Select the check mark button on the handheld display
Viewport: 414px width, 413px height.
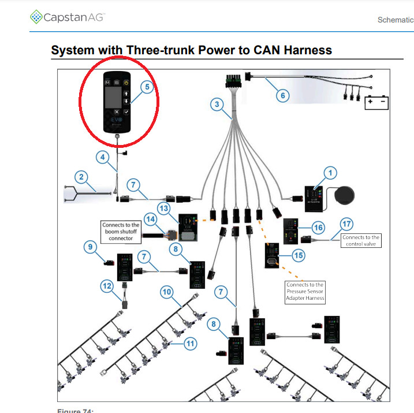126,111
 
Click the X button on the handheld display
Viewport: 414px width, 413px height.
117,111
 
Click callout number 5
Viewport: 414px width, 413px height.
147,87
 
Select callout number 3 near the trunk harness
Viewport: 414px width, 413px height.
217,105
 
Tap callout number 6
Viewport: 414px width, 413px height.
282,95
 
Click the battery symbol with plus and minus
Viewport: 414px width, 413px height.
375,103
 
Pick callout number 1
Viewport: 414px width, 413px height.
330,172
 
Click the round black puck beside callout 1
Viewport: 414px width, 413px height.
345,196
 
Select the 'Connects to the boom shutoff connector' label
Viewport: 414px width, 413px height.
120,231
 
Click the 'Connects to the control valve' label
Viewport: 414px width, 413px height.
361,241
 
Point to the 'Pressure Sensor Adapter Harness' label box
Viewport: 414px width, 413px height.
305,292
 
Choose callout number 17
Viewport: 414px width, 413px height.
346,224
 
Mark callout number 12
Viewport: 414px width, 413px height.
106,285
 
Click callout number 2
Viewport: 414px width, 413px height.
82,177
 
